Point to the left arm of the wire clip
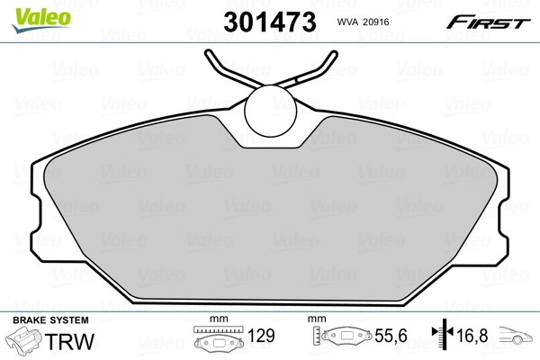[x=225, y=70]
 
